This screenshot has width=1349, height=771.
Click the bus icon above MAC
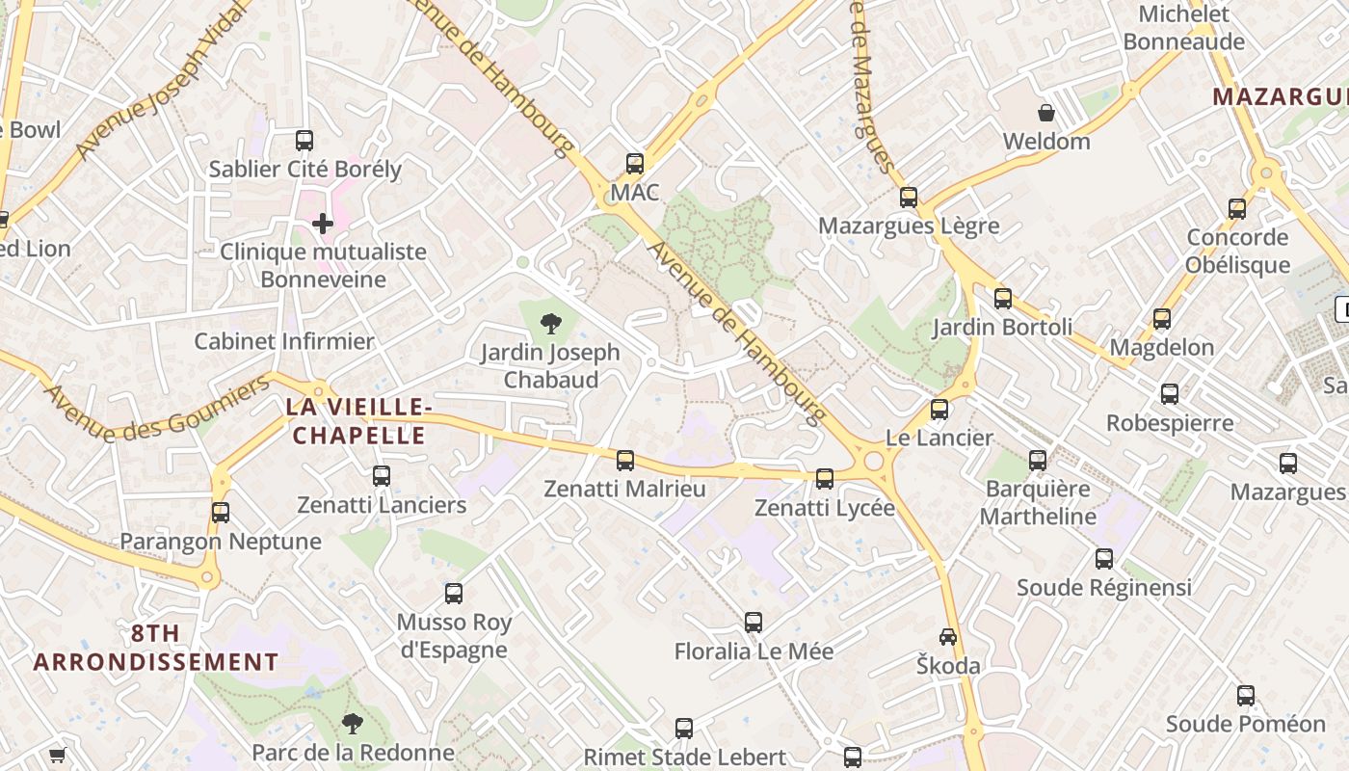coord(634,164)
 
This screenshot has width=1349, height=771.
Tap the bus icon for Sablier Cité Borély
coord(304,141)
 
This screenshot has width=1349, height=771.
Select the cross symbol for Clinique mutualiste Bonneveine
coord(323,225)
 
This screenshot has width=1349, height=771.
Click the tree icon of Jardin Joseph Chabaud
coord(551,324)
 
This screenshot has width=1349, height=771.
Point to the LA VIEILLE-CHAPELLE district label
coord(356,421)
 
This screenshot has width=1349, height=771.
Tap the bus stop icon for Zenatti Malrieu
coord(625,461)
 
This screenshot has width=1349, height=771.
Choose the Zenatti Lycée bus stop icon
coord(825,479)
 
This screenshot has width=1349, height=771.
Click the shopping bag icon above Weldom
coord(1045,113)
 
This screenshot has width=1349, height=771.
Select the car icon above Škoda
coord(948,637)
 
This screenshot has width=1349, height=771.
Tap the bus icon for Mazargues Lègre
coord(909,198)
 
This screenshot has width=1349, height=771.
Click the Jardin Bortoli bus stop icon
coord(1003,299)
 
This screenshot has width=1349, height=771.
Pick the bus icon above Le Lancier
coord(939,410)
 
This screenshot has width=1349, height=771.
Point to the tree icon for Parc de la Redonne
coord(354,723)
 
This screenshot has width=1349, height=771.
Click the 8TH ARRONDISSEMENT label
coord(156,648)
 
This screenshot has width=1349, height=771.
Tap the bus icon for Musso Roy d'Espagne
coord(454,594)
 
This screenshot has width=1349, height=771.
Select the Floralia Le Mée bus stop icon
coord(754,623)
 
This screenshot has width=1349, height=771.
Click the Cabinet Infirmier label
coord(283,341)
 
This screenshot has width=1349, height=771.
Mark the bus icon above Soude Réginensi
coord(1104,559)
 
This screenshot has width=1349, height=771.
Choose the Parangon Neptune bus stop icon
coord(221,513)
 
